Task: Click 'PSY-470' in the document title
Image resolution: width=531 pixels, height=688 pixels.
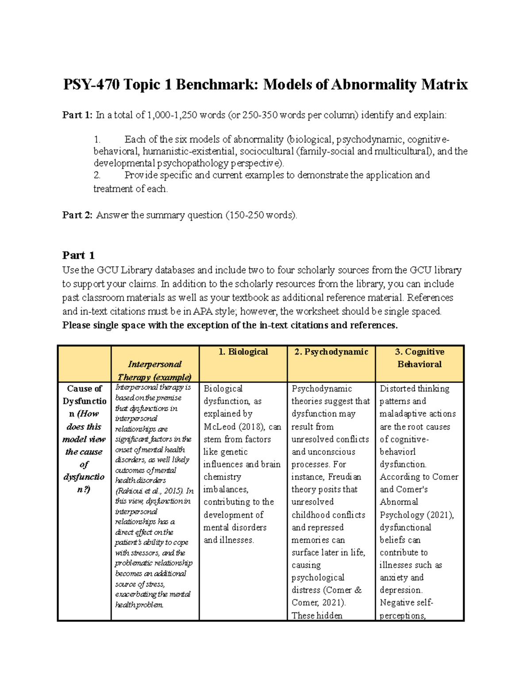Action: pos(91,84)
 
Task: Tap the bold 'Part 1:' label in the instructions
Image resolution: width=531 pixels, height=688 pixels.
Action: pos(77,115)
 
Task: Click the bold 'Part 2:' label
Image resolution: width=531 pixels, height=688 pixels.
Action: pos(77,215)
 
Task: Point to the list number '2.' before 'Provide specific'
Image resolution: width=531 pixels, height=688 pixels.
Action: pos(97,175)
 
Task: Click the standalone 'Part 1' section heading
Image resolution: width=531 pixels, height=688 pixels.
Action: pos(78,255)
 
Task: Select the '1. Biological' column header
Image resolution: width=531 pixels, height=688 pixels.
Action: pos(243,352)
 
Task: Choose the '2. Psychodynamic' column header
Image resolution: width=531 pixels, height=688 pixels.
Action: pos(331,352)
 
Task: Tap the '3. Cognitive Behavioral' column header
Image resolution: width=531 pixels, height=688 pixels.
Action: pos(419,358)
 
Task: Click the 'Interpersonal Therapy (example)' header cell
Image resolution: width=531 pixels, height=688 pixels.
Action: pos(154,370)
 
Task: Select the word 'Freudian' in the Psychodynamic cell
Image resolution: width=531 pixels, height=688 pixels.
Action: pos(345,477)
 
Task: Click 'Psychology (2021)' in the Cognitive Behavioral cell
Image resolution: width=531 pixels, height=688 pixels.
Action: pos(416,515)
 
